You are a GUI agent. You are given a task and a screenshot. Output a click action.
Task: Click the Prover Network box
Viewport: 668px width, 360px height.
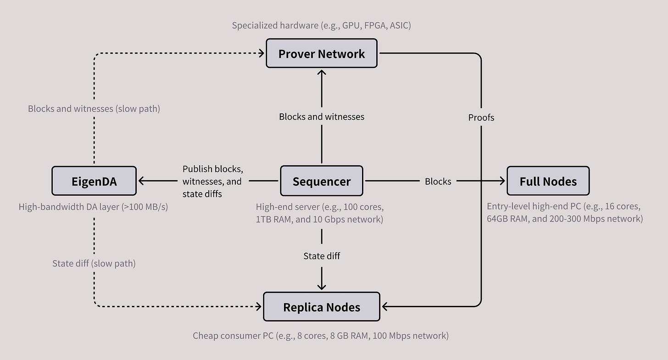pos(322,54)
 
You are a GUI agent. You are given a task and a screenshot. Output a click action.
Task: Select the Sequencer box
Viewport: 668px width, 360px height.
pos(322,181)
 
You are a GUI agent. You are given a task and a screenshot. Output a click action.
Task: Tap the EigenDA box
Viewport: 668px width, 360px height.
pos(94,181)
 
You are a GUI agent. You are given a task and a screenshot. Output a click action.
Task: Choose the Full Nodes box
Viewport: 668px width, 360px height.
pos(548,181)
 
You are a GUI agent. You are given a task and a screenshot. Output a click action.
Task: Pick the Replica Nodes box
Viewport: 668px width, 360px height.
pos(322,307)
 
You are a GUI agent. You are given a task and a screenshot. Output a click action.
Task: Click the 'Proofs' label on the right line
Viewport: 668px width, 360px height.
pos(481,117)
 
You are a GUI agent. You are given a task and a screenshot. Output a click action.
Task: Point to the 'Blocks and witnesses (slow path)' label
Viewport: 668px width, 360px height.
pos(94,109)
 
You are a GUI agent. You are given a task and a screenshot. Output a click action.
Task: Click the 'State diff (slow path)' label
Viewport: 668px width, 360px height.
pos(94,263)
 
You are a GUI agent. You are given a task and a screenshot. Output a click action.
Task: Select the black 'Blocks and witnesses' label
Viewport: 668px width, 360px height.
pos(322,116)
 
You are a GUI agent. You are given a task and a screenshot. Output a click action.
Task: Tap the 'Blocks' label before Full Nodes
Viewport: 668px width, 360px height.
pos(438,181)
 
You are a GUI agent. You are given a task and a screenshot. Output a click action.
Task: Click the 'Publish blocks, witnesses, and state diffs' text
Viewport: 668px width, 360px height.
pos(212,181)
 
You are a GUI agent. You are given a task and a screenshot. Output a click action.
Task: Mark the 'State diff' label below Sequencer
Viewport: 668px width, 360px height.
pos(322,255)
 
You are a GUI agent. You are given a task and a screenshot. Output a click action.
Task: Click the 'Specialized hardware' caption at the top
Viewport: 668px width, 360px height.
pos(321,25)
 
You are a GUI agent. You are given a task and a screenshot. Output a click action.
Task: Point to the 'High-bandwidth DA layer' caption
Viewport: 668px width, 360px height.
pos(93,207)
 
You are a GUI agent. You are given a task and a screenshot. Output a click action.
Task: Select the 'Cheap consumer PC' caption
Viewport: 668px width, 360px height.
pos(321,336)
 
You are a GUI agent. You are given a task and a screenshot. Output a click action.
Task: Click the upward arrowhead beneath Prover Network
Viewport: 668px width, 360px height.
pos(322,73)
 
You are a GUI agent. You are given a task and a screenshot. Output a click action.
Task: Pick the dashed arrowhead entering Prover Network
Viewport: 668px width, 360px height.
pos(262,54)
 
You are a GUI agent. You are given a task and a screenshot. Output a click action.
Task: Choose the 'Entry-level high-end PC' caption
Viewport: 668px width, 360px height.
pos(565,213)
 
